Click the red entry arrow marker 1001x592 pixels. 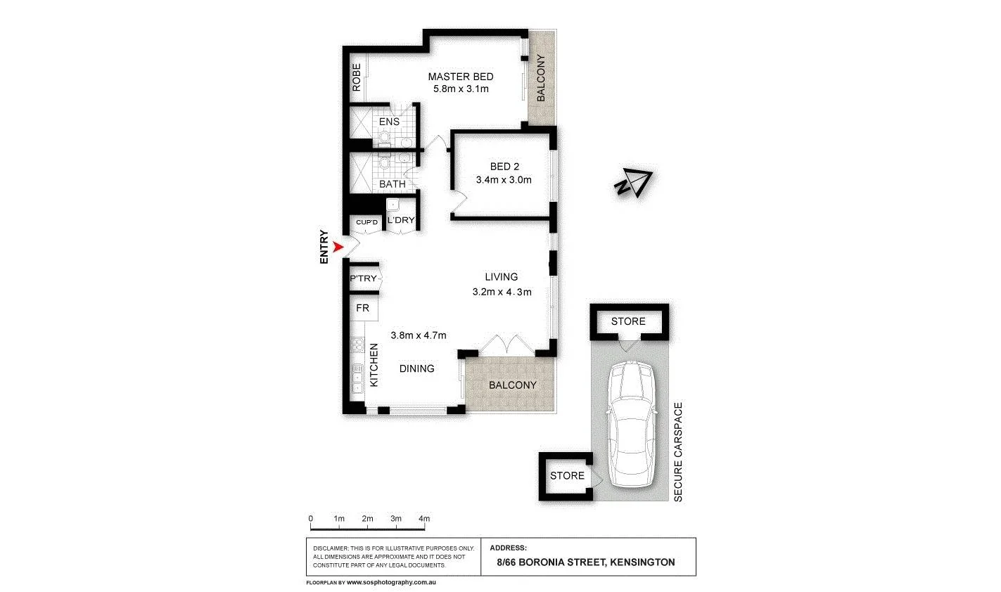coord(338,247)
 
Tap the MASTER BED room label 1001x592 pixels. coord(461,77)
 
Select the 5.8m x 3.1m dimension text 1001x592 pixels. coord(461,89)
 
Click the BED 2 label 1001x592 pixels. coord(504,167)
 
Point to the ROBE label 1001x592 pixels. coord(357,78)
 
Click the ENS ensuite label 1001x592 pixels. coord(389,122)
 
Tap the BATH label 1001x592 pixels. coord(392,184)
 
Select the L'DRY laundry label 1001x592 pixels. coord(401,220)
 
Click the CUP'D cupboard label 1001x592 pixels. coord(367,222)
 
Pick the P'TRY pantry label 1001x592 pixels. coord(364,279)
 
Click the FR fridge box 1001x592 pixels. coord(363,308)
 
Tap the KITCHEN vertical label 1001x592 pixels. coord(374,364)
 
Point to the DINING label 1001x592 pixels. coord(416,368)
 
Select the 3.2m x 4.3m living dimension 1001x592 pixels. coord(502,292)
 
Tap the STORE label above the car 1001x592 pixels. coord(627,321)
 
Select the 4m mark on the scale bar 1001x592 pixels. coord(423,519)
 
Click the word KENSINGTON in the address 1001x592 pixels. coord(642,562)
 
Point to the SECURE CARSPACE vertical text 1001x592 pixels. coord(679,452)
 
